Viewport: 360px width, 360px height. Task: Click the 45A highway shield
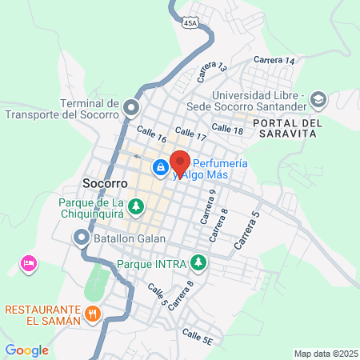[189, 22]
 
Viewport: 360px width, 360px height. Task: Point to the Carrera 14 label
[274, 61]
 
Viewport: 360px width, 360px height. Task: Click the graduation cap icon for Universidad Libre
[318, 99]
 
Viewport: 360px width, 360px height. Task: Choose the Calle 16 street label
[150, 131]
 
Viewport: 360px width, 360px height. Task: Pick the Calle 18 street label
[227, 130]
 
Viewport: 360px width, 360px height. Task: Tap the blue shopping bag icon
[160, 167]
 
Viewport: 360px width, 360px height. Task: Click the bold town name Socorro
[104, 183]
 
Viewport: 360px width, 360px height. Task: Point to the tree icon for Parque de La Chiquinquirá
[137, 206]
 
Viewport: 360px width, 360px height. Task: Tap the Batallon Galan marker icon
[81, 238]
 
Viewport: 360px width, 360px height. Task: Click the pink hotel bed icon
[29, 262]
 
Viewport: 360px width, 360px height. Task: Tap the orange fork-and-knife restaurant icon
[94, 314]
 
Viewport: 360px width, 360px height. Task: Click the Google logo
[26, 350]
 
